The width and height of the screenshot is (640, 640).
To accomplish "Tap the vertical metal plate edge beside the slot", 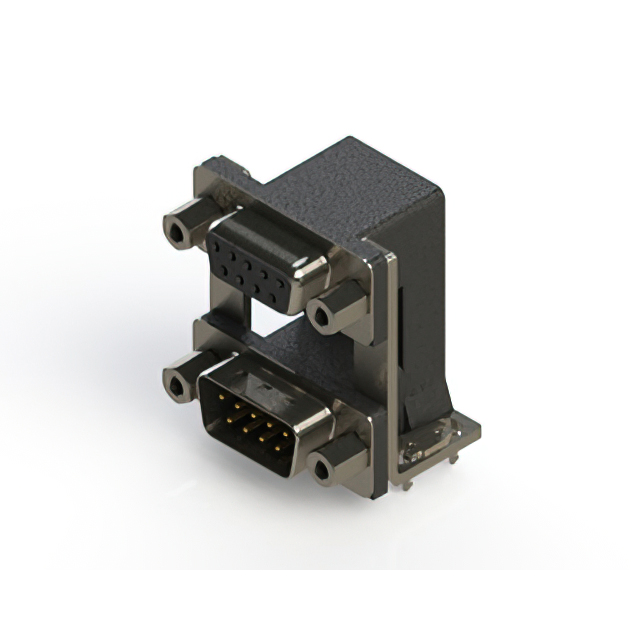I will pyautogui.click(x=387, y=340).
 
